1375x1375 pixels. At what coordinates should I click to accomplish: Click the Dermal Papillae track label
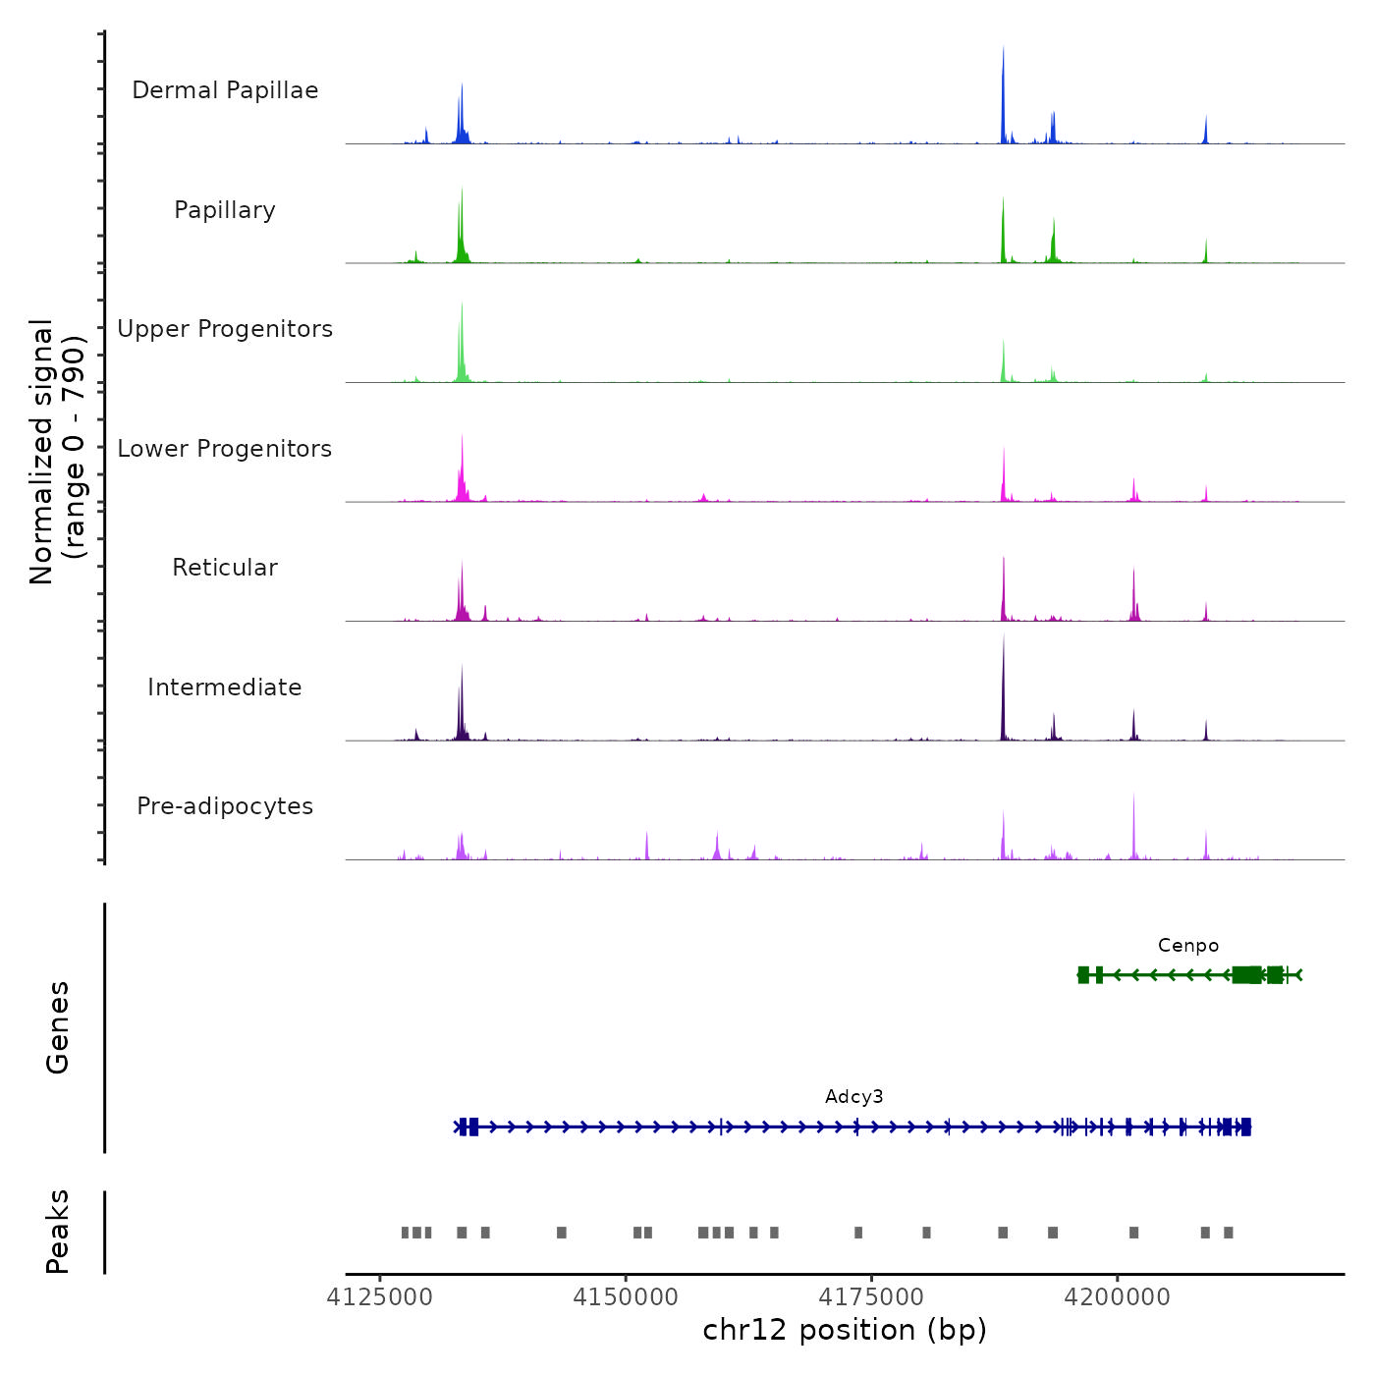tap(225, 90)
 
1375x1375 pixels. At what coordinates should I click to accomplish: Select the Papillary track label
tap(225, 210)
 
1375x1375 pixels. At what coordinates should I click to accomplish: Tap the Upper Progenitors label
tap(225, 329)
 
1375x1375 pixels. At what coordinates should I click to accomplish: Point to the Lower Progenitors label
tap(225, 449)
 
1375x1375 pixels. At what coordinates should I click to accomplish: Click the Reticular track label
tap(225, 568)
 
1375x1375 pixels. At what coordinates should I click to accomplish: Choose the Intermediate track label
tap(225, 687)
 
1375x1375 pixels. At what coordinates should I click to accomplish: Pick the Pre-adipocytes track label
tap(225, 806)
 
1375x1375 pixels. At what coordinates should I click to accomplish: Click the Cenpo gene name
tap(1188, 946)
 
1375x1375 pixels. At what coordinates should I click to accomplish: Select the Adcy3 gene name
tap(854, 1097)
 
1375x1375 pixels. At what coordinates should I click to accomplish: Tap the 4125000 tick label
tap(380, 1297)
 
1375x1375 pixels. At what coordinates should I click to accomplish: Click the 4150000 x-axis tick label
tap(626, 1297)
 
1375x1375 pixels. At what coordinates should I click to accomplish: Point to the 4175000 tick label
tap(872, 1297)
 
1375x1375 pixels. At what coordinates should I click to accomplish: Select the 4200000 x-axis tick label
tap(1118, 1297)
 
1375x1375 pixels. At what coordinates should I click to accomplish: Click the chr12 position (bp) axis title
tap(845, 1331)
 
